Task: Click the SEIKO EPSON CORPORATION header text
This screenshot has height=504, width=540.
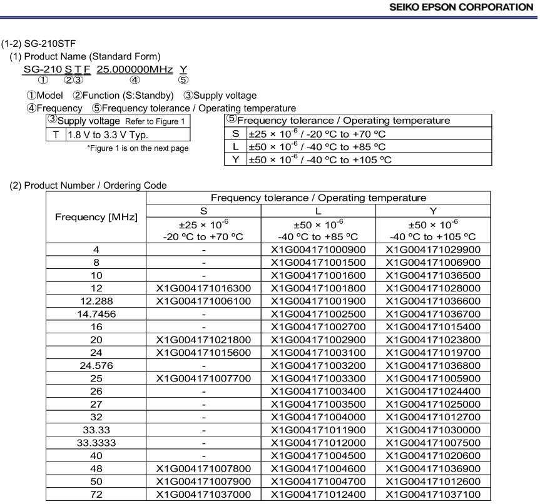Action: (461, 8)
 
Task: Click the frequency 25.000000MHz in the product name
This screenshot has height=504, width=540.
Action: (135, 69)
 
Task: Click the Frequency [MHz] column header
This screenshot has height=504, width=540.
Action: (96, 218)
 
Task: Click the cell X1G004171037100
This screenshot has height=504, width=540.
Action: (433, 494)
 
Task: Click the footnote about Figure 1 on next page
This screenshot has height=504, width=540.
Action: (138, 148)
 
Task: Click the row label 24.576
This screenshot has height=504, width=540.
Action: (96, 365)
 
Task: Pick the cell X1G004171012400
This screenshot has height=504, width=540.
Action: (318, 494)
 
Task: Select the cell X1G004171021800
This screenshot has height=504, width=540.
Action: (203, 339)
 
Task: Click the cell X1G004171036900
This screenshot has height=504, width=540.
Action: (433, 468)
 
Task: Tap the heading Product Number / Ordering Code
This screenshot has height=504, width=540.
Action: (88, 185)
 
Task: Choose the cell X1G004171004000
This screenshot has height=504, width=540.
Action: (318, 416)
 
